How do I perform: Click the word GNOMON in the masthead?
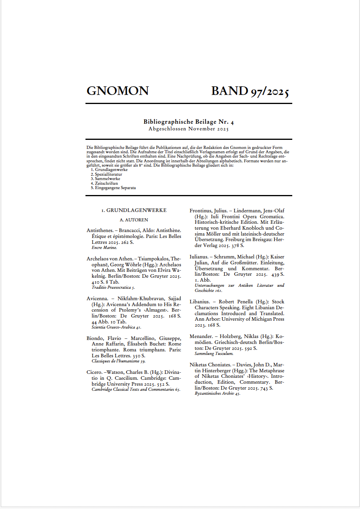click(117, 91)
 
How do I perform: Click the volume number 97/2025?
click(269, 91)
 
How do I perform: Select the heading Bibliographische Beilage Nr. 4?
click(189, 122)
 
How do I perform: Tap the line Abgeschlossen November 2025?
click(189, 129)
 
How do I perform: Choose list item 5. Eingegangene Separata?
click(113, 188)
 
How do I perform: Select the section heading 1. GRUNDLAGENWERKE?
click(134, 210)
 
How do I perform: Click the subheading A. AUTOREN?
click(134, 220)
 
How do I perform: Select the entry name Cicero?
click(95, 372)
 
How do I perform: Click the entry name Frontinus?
click(201, 211)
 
